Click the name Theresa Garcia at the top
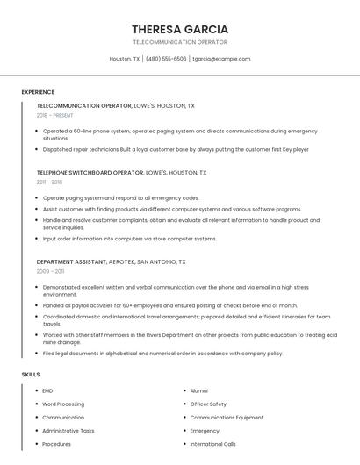pos(180,29)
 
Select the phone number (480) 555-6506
pos(166,59)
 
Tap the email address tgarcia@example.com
pos(221,59)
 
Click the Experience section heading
pos(38,92)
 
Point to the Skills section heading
pos(31,375)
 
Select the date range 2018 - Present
pos(54,115)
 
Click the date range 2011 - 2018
pos(49,182)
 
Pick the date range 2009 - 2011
pos(49,271)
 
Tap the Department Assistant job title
pos(71,261)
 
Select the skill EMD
pos(47,390)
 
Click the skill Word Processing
pos(63,404)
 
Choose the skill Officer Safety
pos(208,404)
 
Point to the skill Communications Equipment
pos(227,418)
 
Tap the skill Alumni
pos(199,390)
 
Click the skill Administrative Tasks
pos(68,431)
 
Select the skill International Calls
pos(213,444)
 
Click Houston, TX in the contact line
pos(125,59)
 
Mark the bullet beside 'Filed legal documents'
pos(36,354)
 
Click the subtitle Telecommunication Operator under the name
pos(180,42)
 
